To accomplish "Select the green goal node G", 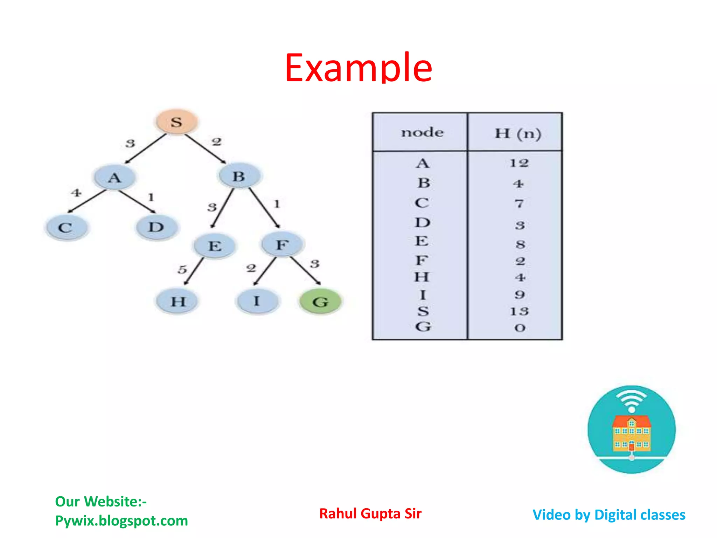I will pyautogui.click(x=320, y=302).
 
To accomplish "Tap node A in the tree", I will pyautogui.click(x=114, y=178).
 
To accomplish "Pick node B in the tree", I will pyautogui.click(x=239, y=176).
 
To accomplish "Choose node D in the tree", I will pyautogui.click(x=156, y=227).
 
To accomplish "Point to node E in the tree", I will pyautogui.click(x=215, y=246).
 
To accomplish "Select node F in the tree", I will pyautogui.click(x=282, y=244).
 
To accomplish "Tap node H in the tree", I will pyautogui.click(x=177, y=301).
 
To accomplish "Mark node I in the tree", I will pyautogui.click(x=257, y=301).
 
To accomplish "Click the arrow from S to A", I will pyautogui.click(x=145, y=149).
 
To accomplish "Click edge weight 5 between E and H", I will pyautogui.click(x=182, y=269).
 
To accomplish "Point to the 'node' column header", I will pyautogui.click(x=422, y=132).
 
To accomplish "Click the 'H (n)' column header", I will pyautogui.click(x=518, y=133).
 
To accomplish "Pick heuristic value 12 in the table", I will pyautogui.click(x=519, y=163).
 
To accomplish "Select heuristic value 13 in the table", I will pyautogui.click(x=519, y=311).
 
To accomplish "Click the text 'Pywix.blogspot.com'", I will pyautogui.click(x=121, y=521).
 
